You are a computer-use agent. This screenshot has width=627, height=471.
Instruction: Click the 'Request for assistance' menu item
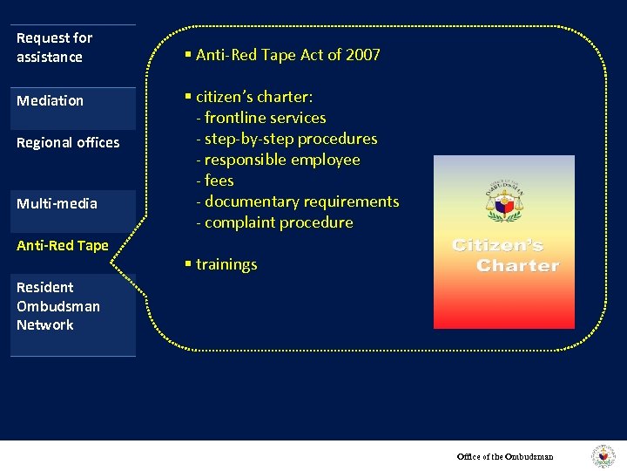tap(54, 47)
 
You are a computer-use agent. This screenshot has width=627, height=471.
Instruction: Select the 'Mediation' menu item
tap(51, 100)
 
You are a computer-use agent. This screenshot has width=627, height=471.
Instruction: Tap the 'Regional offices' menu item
tap(68, 142)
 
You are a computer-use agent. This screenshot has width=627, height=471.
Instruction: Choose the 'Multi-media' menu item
tap(57, 203)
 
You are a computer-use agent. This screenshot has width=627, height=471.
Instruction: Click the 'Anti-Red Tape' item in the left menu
tap(63, 245)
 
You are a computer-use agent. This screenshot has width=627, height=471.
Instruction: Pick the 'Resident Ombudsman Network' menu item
tap(58, 306)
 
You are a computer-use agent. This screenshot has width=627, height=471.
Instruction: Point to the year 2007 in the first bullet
tap(362, 55)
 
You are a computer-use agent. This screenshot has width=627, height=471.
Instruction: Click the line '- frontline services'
tap(261, 118)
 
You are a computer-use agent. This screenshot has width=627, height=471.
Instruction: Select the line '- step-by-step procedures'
tap(287, 139)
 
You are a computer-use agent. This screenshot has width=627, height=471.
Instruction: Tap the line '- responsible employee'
tap(278, 160)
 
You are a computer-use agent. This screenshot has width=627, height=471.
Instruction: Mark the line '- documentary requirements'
tap(297, 201)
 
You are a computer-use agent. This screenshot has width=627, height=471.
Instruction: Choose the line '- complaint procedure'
tap(274, 222)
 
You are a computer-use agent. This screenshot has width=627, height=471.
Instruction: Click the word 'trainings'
tap(226, 264)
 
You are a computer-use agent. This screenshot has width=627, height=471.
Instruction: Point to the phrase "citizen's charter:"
tap(254, 97)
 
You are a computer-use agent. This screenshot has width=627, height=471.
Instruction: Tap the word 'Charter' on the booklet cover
tap(517, 265)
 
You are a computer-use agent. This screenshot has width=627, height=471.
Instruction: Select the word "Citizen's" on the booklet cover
tap(497, 246)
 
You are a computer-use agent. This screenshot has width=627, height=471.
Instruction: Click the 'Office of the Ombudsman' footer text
tap(505, 456)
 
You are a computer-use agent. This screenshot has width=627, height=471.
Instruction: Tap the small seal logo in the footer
tap(603, 456)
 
